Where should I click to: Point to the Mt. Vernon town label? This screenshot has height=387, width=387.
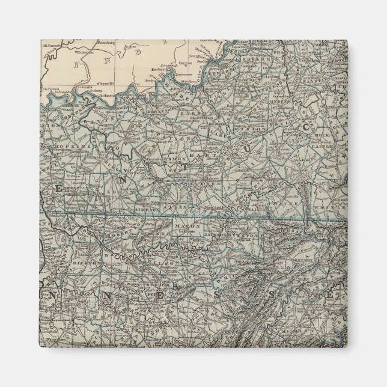coord(50,88)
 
